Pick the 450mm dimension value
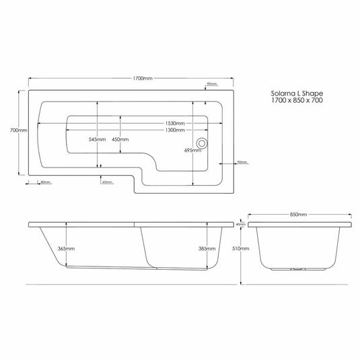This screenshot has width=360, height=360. tap(120, 139)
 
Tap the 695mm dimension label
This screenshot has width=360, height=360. tap(192, 151)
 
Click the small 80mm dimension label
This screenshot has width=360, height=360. tap(46, 182)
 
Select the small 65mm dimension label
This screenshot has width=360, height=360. tap(106, 182)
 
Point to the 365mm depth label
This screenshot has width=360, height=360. tap(65, 249)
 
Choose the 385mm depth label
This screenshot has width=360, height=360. tap(207, 249)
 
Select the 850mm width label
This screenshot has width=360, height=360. tap(298, 214)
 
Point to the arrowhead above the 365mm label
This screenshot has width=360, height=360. tap(66, 224)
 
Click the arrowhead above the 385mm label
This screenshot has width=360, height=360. tap(207, 224)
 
